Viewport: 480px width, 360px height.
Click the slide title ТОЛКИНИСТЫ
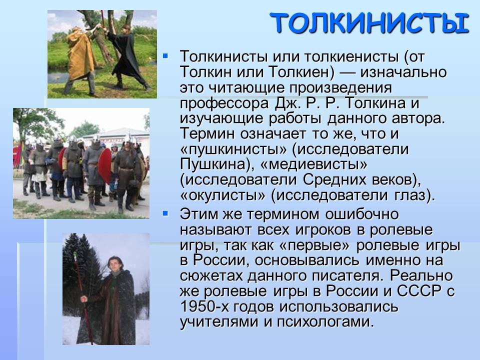coord(370,23)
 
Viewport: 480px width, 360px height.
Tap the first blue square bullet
coord(165,56)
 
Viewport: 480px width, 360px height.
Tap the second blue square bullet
coord(165,213)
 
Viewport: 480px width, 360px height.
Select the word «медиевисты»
coord(314,164)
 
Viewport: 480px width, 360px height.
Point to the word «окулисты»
coord(222,195)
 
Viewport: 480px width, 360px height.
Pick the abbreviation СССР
coord(418,291)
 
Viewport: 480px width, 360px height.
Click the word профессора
coord(224,103)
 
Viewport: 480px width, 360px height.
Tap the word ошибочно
coord(362,214)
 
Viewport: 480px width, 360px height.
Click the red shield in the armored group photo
coord(104,165)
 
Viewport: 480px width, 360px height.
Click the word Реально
coord(421,275)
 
